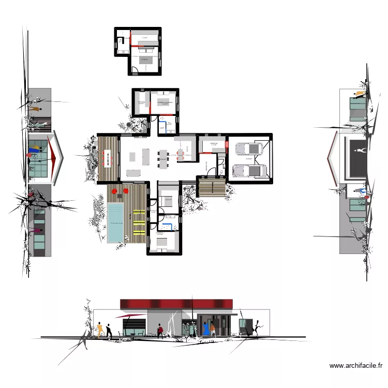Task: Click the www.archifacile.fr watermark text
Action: [356, 366]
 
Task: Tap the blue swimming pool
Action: [115, 223]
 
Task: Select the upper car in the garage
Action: [248, 148]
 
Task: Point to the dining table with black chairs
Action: [163, 156]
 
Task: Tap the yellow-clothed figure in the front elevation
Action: [99, 329]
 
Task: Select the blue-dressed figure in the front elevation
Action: [206, 329]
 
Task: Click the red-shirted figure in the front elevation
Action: [160, 330]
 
